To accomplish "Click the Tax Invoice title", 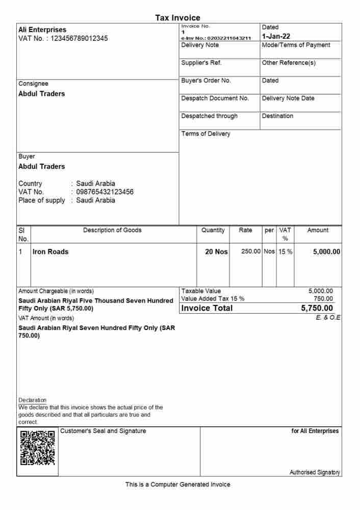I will pos(178,18).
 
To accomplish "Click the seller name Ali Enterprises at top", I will pos(42,30).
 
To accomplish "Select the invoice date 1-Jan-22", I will pos(275,37).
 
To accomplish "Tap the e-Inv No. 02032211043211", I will pos(216,38).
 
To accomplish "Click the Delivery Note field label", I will pos(200,45).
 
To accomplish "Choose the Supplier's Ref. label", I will pos(201,63).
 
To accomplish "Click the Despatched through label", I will pos(209,116).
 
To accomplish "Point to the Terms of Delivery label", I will pos(205,134).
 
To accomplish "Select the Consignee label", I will pos(33,84).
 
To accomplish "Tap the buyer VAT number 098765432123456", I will pos(105,192).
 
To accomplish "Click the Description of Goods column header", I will pos(113,231).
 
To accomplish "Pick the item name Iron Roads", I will pos(50,252).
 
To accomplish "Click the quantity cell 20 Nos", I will pos(216,252).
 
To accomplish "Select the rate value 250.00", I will pos(250,252).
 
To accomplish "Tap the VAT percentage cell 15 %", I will pos(285,252).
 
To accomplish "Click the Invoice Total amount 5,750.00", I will pos(317,308).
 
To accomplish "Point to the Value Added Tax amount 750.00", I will pos(323,299).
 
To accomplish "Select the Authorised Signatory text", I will pos(315,473).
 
